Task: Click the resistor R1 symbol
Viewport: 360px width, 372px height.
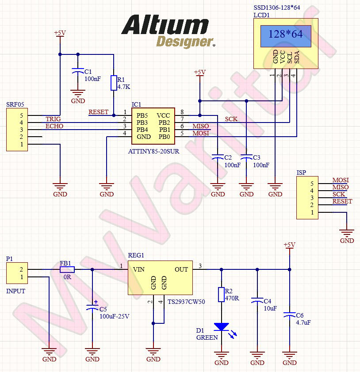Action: (114, 83)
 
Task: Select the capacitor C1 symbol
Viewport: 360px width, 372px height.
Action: (78, 71)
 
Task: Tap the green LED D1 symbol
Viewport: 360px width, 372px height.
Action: (221, 327)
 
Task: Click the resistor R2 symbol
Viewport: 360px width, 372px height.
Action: (221, 295)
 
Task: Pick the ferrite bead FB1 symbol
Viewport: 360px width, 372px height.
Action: (67, 269)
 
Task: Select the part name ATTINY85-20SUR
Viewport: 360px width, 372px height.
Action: (153, 151)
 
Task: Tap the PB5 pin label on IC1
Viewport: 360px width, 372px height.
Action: (142, 115)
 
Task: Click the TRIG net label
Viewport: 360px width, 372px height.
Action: (53, 119)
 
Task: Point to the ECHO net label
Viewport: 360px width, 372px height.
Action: (54, 126)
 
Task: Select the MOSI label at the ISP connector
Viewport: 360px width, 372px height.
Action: (341, 180)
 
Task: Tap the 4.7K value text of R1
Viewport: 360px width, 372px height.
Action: (124, 87)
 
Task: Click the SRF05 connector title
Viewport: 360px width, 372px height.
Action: (15, 104)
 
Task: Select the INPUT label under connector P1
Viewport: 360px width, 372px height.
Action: (15, 291)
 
